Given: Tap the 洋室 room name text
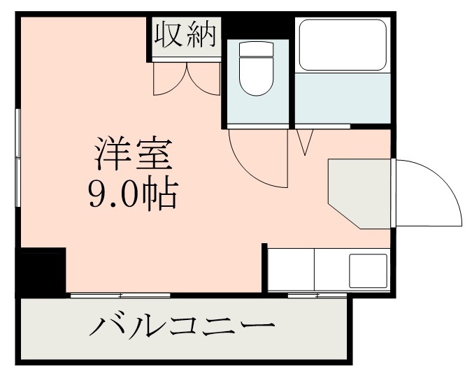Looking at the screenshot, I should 134,156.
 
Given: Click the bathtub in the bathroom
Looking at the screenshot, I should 343,45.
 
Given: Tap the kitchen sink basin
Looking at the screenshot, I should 368,270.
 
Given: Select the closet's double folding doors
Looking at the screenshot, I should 187,78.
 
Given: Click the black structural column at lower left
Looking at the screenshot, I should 41,270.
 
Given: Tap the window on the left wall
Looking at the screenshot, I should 18,157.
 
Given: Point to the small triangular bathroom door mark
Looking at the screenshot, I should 305,142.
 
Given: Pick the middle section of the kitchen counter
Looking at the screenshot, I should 331,270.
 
